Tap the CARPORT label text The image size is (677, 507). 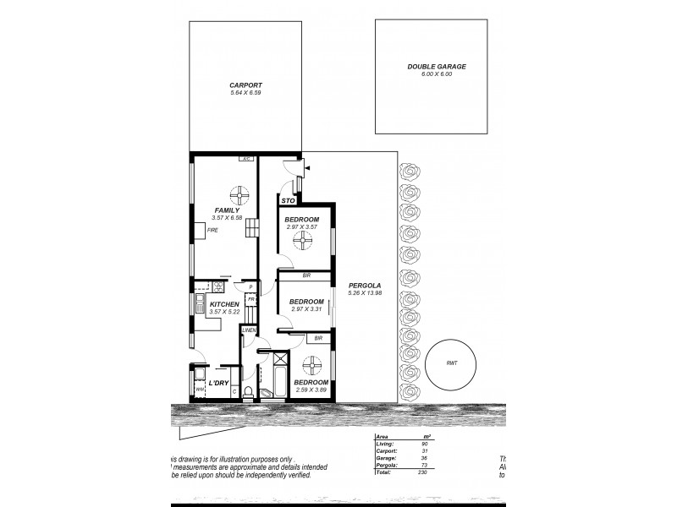[x=245, y=85]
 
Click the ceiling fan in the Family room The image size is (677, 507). [x=240, y=195]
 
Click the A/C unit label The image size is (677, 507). [x=245, y=158]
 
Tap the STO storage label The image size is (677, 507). [x=287, y=201]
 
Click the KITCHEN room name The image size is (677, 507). [x=224, y=304]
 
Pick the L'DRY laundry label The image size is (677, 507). [x=219, y=383]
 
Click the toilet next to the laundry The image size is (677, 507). [x=249, y=390]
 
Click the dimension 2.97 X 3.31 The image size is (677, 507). [x=306, y=309]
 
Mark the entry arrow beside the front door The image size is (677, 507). [x=305, y=170]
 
